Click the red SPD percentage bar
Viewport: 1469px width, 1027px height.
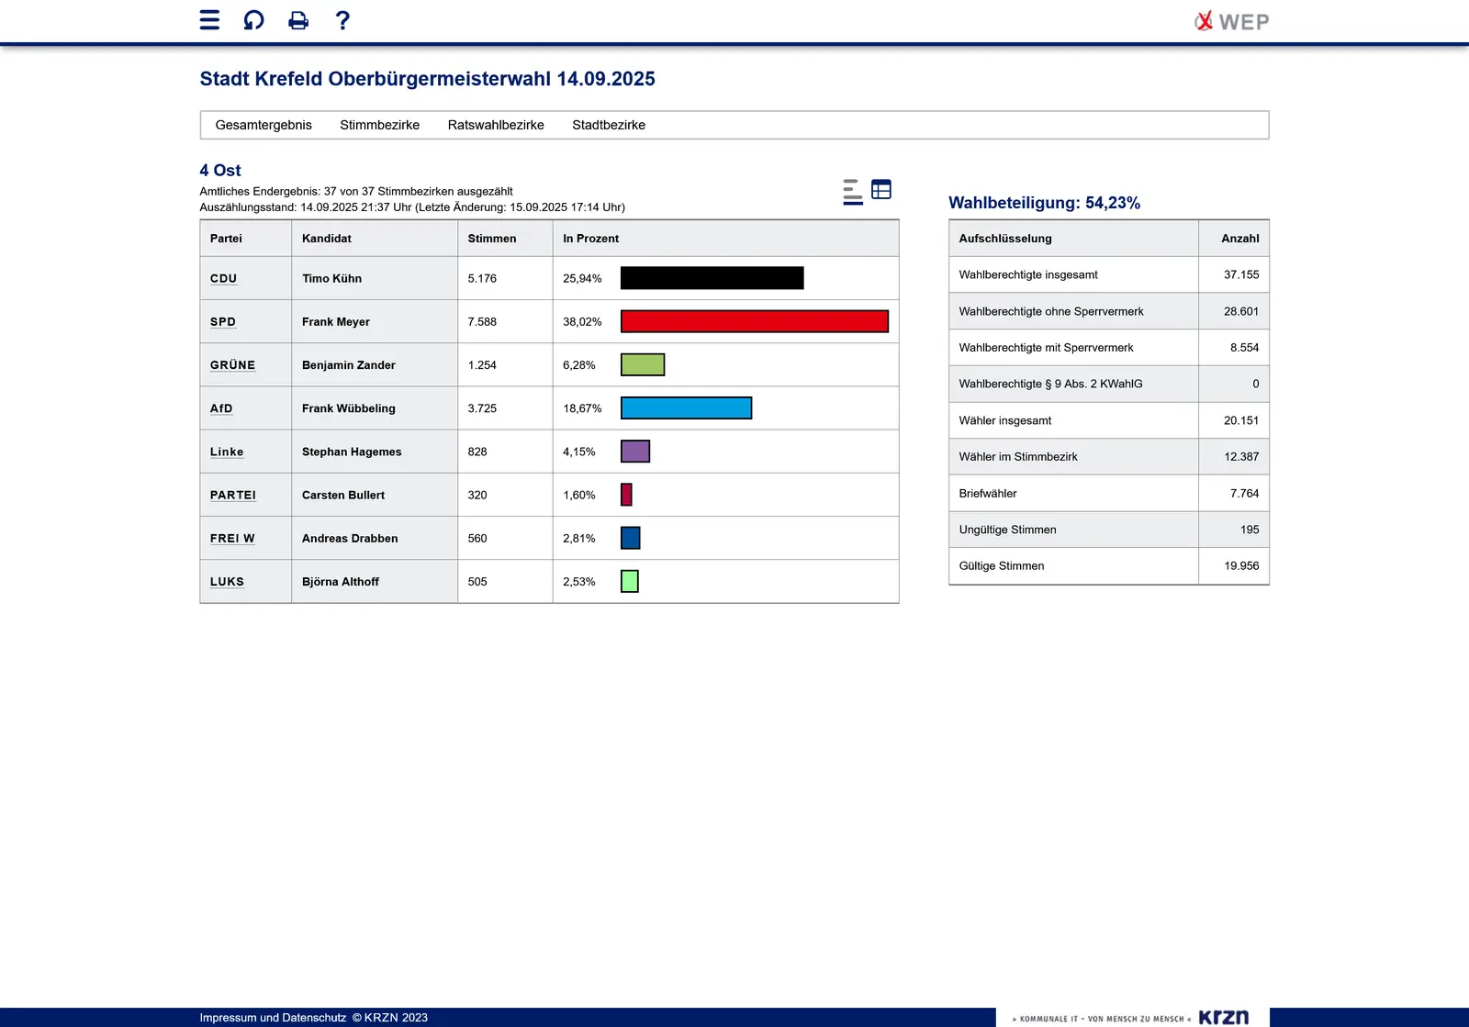click(754, 321)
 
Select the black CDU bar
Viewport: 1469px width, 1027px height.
click(712, 278)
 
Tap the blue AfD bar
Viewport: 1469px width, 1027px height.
click(686, 408)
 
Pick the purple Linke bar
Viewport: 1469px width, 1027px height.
click(635, 452)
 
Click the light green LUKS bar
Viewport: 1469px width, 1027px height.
click(630, 581)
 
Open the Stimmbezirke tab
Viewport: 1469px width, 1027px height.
click(379, 125)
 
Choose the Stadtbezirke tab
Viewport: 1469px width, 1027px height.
click(608, 125)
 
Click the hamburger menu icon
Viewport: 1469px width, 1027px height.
click(209, 20)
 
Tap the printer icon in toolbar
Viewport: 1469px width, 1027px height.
click(298, 20)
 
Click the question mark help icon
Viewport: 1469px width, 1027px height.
click(342, 20)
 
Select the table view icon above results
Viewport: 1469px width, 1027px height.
click(881, 189)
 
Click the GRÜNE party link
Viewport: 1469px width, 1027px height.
click(232, 365)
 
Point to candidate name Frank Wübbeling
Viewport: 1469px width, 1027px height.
click(348, 408)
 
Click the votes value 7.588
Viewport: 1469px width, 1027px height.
click(482, 322)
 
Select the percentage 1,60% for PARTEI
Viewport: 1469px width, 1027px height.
click(578, 496)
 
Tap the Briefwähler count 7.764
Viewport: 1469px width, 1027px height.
click(1244, 494)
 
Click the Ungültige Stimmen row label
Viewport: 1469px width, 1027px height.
click(1007, 530)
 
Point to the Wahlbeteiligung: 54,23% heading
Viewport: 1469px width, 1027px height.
click(1044, 203)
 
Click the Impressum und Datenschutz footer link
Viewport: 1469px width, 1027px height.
click(273, 1017)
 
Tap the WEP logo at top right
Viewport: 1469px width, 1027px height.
click(1231, 21)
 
